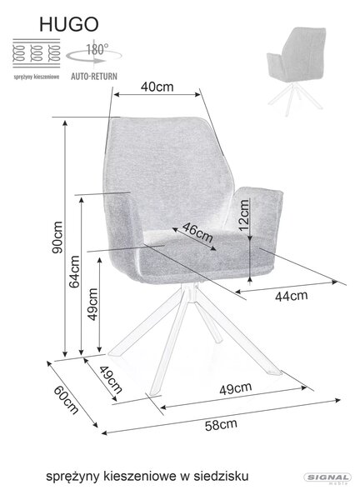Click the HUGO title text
click(x=69, y=24)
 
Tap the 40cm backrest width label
click(x=157, y=87)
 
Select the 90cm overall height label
click(x=57, y=237)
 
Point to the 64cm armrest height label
click(x=74, y=272)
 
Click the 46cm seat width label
click(x=197, y=232)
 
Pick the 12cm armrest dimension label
click(x=243, y=215)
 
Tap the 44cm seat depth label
click(x=292, y=296)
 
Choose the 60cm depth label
click(x=66, y=400)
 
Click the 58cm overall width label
click(x=221, y=425)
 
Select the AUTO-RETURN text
click(x=94, y=77)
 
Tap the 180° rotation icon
click(x=94, y=54)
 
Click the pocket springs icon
click(x=37, y=53)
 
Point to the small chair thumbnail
click(x=296, y=71)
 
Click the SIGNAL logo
click(x=327, y=478)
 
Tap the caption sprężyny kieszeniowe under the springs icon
click(x=37, y=77)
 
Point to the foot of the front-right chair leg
click(x=273, y=372)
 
